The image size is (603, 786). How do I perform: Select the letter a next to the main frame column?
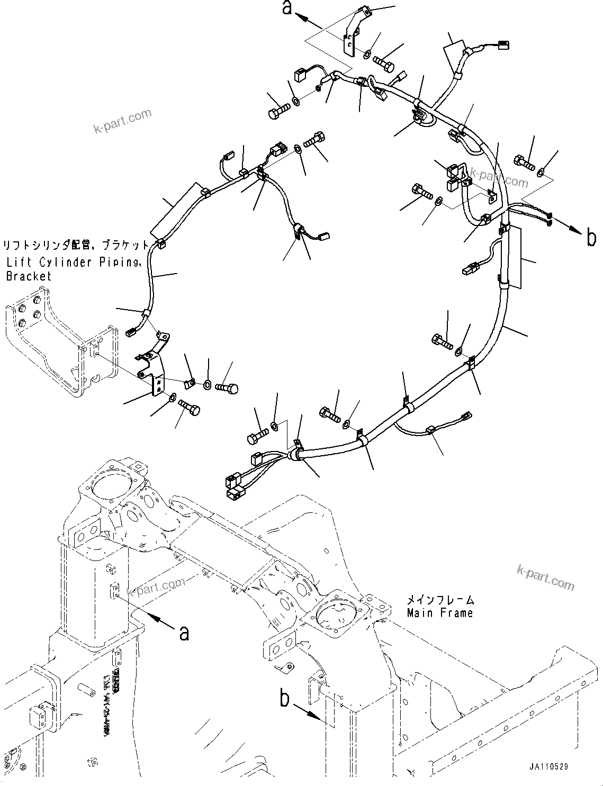pos(184,632)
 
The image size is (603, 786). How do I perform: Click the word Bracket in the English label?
pos(29,276)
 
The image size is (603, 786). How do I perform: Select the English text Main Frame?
pos(439,613)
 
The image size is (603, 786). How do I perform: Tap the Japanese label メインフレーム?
pos(440,601)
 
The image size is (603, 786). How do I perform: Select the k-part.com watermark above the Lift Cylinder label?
pos(122,121)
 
